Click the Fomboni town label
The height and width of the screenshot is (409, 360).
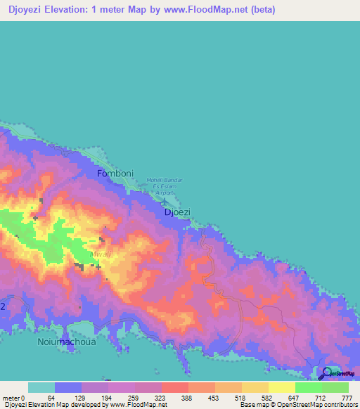pos(114,173)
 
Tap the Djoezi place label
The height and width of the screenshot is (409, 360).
pos(177,211)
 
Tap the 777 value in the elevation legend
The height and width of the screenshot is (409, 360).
pos(347,398)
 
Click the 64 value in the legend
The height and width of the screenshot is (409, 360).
pos(51,398)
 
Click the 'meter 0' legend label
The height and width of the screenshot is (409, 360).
pos(13,398)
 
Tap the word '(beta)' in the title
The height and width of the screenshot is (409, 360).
pos(260,10)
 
